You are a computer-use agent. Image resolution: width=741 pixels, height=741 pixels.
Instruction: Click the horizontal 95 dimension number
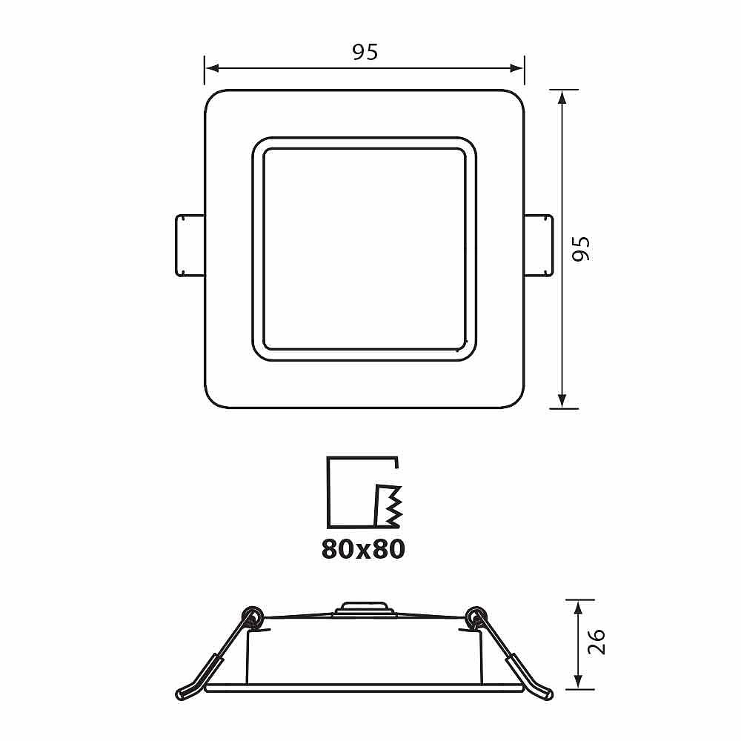coord(365,52)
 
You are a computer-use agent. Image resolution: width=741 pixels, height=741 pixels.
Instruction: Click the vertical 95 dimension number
coord(581,248)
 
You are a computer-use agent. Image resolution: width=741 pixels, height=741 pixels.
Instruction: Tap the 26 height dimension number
coord(596,641)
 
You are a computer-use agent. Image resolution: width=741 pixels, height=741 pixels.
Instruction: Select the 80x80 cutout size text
coord(363,549)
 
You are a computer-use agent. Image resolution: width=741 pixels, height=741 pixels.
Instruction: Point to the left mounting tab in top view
coord(190,245)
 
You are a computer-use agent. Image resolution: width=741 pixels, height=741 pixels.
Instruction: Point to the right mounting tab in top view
coord(538,245)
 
